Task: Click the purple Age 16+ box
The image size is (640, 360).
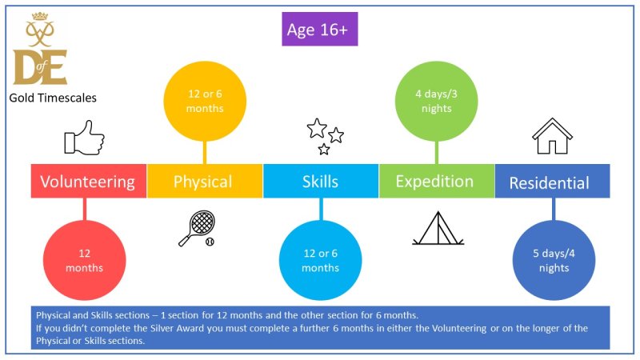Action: point(319,29)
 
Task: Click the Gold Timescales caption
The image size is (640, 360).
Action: point(53,98)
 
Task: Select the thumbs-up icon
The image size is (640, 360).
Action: point(85,138)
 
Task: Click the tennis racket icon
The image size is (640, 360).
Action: point(197,228)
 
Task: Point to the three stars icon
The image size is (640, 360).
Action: point(326,136)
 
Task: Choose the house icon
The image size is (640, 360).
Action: point(552,136)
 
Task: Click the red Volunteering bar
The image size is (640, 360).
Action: point(89,182)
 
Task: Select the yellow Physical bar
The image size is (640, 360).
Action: point(205,182)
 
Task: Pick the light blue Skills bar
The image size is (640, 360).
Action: point(321,182)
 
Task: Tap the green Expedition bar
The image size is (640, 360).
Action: point(437,182)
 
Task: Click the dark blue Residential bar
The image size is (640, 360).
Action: point(553,182)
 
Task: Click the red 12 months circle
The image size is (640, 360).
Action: point(85,261)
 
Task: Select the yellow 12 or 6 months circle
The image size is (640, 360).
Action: point(205,102)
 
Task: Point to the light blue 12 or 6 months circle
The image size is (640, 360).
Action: point(321,261)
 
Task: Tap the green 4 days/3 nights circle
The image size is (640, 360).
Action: point(436,102)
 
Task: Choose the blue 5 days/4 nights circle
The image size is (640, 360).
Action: point(554,261)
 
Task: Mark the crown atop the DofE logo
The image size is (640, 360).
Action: point(40,16)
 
